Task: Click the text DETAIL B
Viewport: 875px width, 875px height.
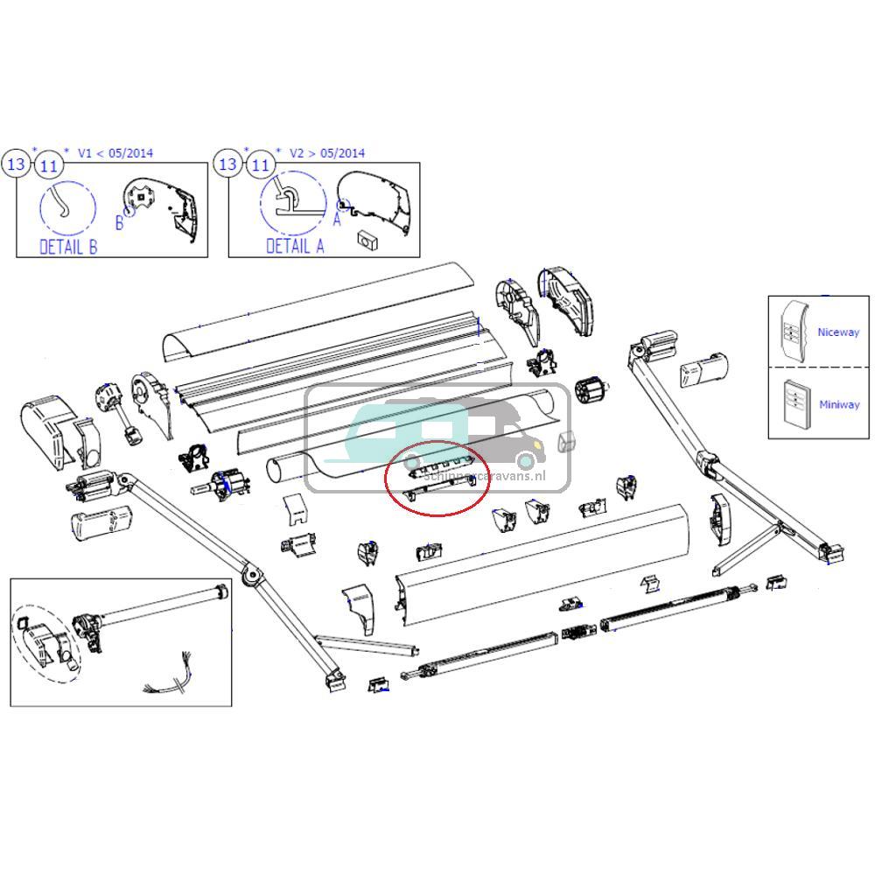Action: coord(68,246)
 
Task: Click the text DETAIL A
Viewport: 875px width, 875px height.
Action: coord(295,246)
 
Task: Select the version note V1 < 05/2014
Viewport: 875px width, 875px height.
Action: coord(115,153)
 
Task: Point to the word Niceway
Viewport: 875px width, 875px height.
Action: coord(838,332)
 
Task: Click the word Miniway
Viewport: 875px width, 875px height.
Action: coord(838,404)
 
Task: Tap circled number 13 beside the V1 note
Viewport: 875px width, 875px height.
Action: coord(17,164)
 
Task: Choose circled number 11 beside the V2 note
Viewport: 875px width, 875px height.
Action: coord(260,164)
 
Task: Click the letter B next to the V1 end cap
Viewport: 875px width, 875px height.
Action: coord(120,223)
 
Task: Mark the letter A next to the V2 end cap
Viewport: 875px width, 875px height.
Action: coord(336,220)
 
